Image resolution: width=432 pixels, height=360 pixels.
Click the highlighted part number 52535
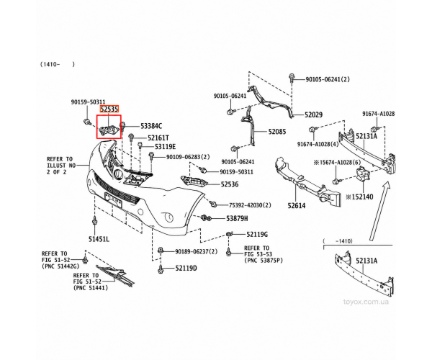point(109,109)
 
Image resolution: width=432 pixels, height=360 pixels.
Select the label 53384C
point(151,126)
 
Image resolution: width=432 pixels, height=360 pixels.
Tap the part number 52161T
point(158,138)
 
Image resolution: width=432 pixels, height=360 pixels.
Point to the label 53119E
point(165,147)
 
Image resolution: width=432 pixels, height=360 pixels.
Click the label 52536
point(230,184)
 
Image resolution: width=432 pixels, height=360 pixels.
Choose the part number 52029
point(313,114)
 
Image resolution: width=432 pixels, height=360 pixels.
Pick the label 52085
point(277,132)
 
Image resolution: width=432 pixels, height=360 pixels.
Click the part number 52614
point(297,205)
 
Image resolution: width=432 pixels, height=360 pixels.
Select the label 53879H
point(237,218)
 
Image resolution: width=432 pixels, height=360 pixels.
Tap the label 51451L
point(99,239)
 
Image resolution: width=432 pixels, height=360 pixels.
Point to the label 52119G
point(257,235)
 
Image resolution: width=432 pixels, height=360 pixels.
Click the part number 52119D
point(186,268)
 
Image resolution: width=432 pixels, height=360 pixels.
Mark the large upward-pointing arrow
point(380,211)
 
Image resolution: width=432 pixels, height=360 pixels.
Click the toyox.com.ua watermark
point(366,302)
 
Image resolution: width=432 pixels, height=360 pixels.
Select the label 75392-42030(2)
point(250,205)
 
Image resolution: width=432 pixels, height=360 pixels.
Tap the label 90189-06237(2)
point(196,251)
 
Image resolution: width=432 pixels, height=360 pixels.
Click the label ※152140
point(359,197)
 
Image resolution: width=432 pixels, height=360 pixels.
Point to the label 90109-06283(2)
point(188,157)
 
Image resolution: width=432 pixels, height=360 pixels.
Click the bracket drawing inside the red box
point(109,130)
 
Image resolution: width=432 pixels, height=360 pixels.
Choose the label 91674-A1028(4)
point(318,144)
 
